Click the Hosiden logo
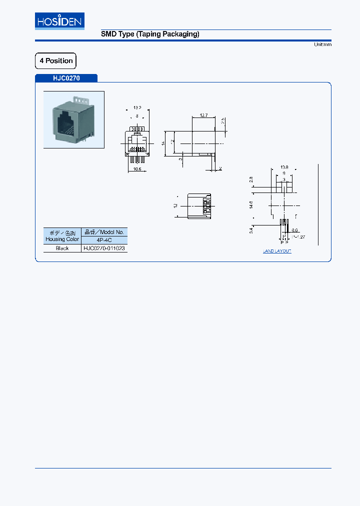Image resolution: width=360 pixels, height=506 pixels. (x=59, y=21)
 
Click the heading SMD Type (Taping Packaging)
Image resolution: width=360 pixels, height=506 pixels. (x=150, y=34)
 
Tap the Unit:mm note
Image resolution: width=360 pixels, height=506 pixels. (x=322, y=44)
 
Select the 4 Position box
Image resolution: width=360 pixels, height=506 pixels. (x=55, y=61)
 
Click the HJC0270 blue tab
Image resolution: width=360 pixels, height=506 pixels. (x=66, y=78)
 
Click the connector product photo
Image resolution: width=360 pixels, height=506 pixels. (x=74, y=119)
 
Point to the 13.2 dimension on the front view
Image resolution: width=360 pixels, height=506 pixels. (x=136, y=107)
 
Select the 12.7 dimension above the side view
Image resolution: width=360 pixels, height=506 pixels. (x=203, y=115)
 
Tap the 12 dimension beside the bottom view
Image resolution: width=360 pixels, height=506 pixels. (x=175, y=205)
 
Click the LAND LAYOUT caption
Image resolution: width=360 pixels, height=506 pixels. (x=277, y=251)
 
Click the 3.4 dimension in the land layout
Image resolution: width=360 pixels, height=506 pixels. (x=251, y=229)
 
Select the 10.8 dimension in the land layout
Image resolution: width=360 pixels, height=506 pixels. (x=284, y=167)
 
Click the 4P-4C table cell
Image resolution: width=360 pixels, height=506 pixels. (x=104, y=240)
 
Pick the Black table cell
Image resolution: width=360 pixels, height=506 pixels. (x=62, y=248)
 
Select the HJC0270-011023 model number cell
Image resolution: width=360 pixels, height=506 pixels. (x=104, y=248)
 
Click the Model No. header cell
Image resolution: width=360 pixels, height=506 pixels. (x=104, y=232)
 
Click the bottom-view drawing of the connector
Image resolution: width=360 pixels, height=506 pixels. (x=199, y=206)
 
